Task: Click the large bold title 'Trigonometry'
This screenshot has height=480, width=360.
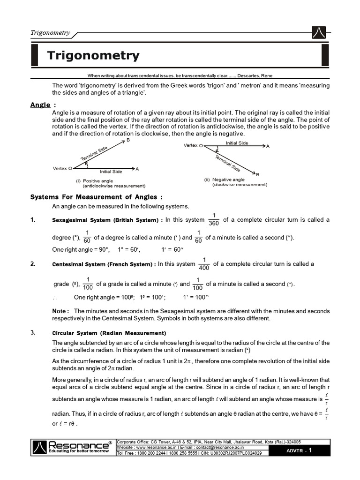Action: (x=93, y=56)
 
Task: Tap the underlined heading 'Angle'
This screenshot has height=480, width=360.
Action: (x=40, y=105)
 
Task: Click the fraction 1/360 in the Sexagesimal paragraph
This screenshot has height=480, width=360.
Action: (x=214, y=219)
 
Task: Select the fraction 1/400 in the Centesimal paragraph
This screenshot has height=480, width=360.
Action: (x=204, y=264)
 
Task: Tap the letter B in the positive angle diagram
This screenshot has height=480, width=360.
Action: (x=128, y=141)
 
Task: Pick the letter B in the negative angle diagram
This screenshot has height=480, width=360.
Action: (x=257, y=174)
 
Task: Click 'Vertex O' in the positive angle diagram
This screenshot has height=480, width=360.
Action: (x=63, y=168)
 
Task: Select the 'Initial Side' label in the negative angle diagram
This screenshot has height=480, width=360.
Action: (x=237, y=142)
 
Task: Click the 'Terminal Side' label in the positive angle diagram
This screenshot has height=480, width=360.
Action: (x=94, y=153)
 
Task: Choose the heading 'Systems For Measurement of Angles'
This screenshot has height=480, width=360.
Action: (x=97, y=197)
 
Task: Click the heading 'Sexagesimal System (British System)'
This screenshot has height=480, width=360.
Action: (x=107, y=220)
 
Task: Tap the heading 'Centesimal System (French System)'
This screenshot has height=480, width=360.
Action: (x=104, y=264)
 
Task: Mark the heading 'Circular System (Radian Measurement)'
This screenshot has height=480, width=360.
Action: (x=109, y=333)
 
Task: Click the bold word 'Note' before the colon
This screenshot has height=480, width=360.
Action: (x=59, y=311)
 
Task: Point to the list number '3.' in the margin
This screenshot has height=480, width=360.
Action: (x=33, y=333)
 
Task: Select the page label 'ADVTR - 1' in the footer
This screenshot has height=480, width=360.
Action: (x=302, y=450)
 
